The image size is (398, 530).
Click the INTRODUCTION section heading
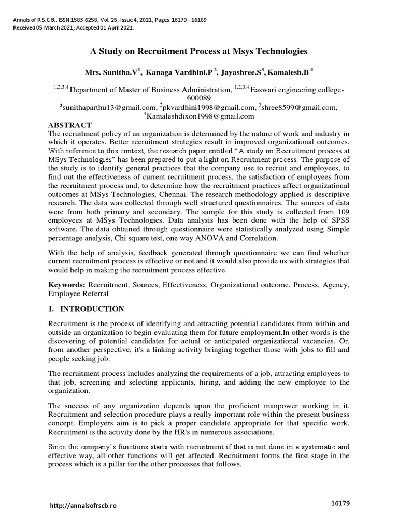tap(91, 309)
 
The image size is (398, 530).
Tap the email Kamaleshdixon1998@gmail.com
tap(200, 116)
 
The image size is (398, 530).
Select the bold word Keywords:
tap(67, 285)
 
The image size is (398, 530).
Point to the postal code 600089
tap(199, 98)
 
